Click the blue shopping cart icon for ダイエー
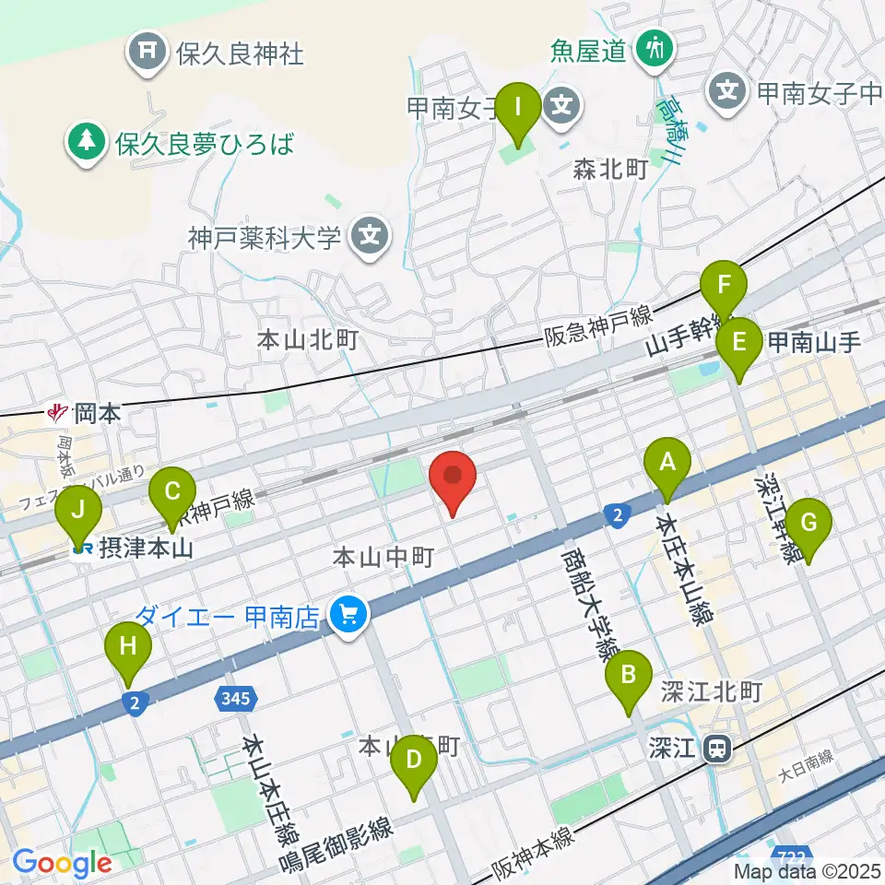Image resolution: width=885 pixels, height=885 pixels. click(348, 611)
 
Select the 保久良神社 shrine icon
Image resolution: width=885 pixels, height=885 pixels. click(147, 53)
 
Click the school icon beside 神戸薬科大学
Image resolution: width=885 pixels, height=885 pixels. click(370, 236)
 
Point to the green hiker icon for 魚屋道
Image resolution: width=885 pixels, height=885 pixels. click(655, 47)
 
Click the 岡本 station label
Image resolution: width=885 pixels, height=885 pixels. click(96, 412)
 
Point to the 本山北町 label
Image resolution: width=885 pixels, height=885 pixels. click(307, 341)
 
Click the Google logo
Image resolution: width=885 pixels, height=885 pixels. click(61, 863)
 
